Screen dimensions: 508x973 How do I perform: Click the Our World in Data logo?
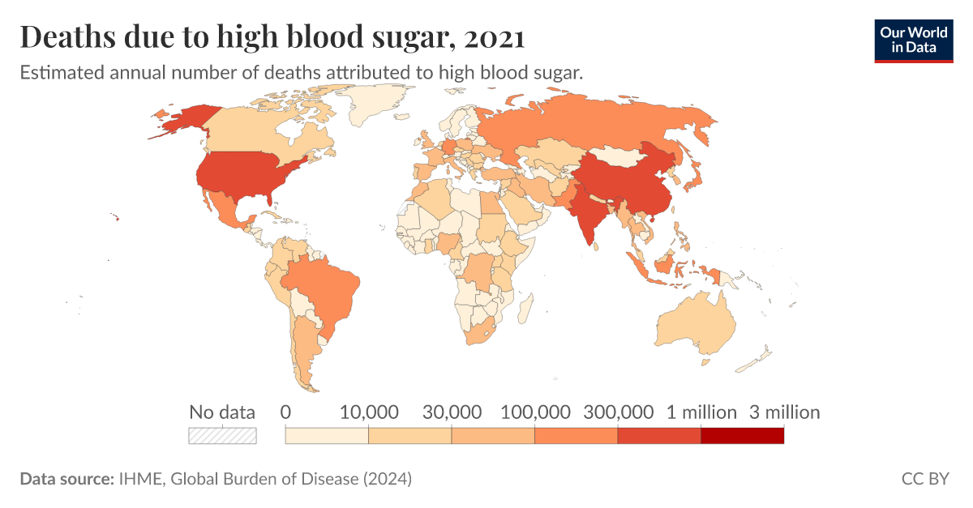913,41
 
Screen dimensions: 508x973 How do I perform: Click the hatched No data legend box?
222,436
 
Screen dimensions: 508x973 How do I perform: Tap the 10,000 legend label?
369,412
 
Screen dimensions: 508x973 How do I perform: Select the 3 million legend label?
784,412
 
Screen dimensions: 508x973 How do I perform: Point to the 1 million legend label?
701,412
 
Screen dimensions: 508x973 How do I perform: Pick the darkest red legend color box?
742,436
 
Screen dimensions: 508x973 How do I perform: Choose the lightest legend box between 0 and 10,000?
327,436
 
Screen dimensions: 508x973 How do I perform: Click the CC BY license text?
924,479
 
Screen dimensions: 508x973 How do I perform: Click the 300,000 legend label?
618,412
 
